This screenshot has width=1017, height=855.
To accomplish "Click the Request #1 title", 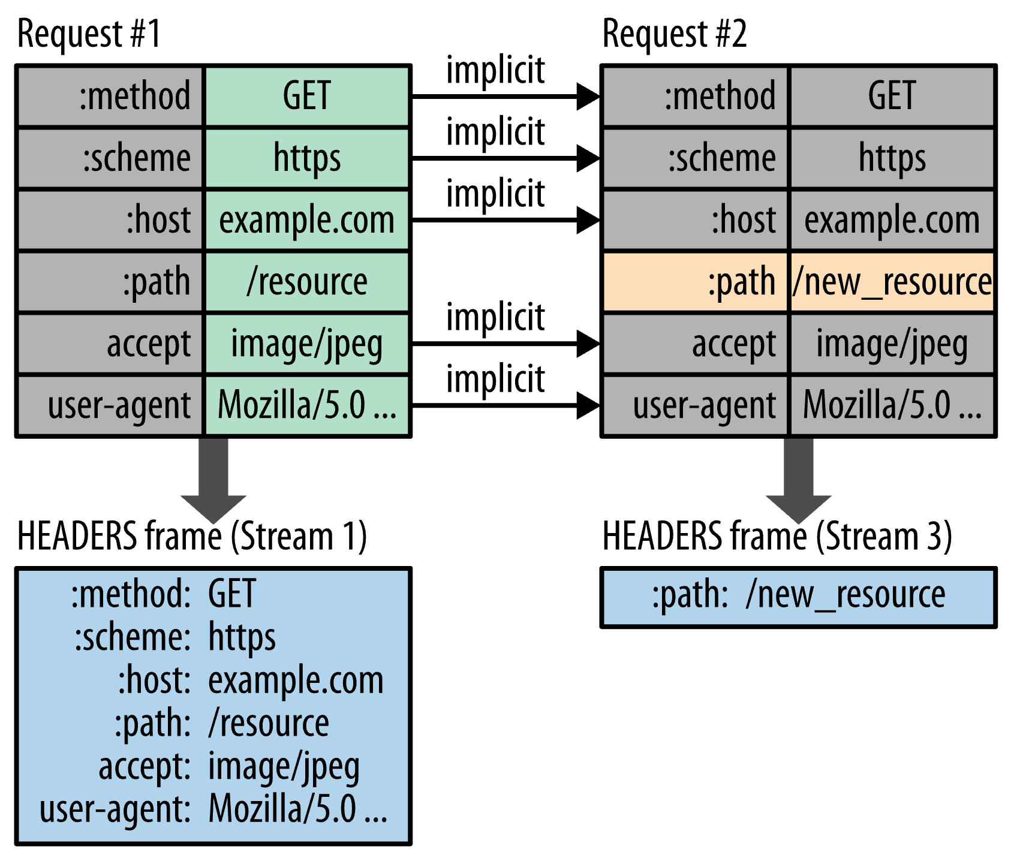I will pyautogui.click(x=89, y=34).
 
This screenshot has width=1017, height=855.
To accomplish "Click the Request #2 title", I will pyautogui.click(x=674, y=34).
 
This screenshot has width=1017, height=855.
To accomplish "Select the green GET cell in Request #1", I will pyautogui.click(x=307, y=96).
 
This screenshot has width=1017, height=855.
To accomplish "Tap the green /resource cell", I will pyautogui.click(x=307, y=282).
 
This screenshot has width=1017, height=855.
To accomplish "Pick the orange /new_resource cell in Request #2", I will pyautogui.click(x=892, y=282).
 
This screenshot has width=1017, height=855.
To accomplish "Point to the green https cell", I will pyautogui.click(x=307, y=158).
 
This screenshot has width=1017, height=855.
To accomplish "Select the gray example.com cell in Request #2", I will pyautogui.click(x=892, y=220).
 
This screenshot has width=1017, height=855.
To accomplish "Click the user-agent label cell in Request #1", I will pyautogui.click(x=111, y=406).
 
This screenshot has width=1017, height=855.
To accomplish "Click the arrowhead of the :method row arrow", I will pyautogui.click(x=588, y=96).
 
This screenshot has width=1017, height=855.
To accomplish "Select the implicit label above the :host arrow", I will pyautogui.click(x=495, y=194).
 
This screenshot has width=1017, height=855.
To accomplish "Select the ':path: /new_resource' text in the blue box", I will pyautogui.click(x=799, y=595).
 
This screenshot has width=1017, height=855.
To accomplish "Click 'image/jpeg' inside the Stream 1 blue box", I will pyautogui.click(x=284, y=767).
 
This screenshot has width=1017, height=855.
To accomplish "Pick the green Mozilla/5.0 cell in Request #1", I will pyautogui.click(x=307, y=406).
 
